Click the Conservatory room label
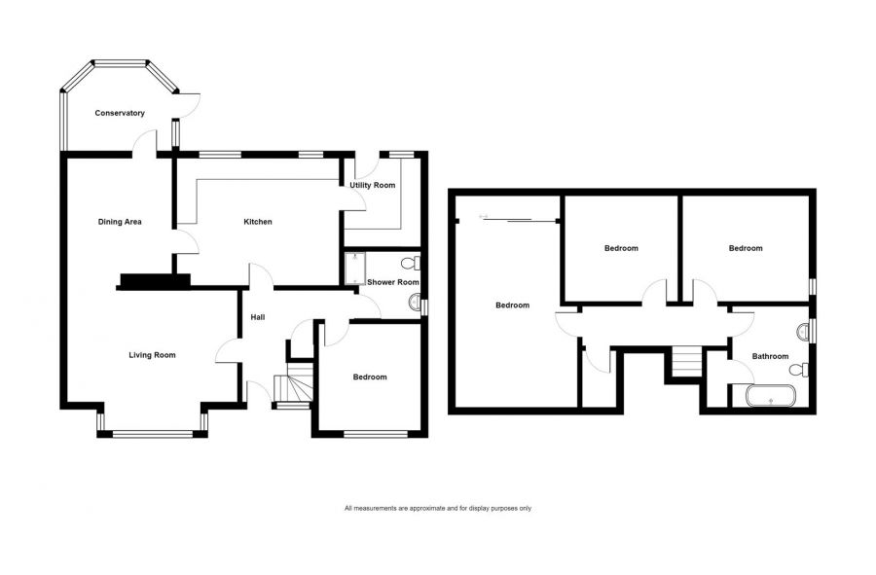[x=120, y=113]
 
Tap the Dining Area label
[x=120, y=222]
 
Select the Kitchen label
[x=258, y=222]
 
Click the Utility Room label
[x=373, y=185]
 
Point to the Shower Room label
[x=392, y=282]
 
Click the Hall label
[x=258, y=317]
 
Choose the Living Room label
[x=152, y=355]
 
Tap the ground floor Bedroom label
[x=370, y=377]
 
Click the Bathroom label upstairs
[x=770, y=356]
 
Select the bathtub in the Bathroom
[x=770, y=397]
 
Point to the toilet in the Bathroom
[x=800, y=370]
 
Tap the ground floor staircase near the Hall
[x=291, y=387]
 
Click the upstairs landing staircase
[x=686, y=363]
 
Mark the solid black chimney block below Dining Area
[x=153, y=281]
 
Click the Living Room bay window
[x=153, y=432]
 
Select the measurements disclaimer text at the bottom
[x=437, y=508]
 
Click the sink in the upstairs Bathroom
[x=804, y=332]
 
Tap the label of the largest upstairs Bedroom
[x=512, y=305]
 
